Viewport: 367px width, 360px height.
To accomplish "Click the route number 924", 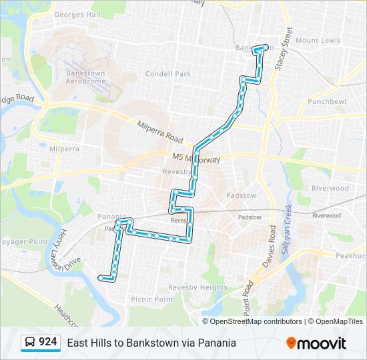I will (x=47, y=342).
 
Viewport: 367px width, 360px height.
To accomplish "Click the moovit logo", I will (x=316, y=343).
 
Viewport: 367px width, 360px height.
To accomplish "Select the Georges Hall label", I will (x=77, y=15).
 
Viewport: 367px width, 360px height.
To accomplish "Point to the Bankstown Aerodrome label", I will (x=85, y=77).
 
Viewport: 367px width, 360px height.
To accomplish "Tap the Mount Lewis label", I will (x=318, y=41).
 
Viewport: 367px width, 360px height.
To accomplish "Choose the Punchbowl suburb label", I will (x=327, y=102).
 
